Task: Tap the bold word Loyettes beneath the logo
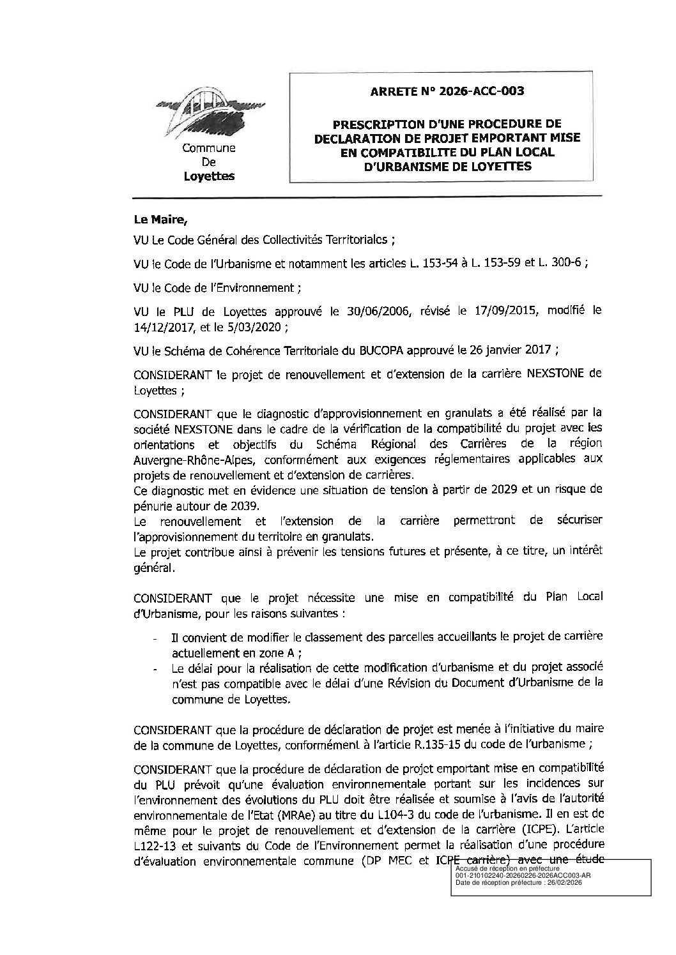[x=209, y=176]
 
